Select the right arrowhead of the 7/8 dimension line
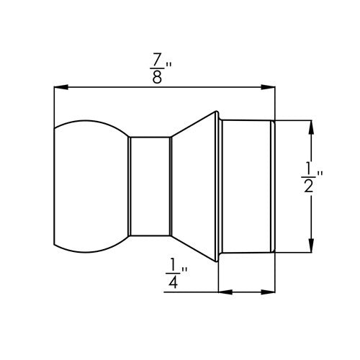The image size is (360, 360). coord(270,88)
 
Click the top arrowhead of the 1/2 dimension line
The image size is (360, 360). coord(311,125)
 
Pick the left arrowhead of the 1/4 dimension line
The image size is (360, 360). coord(224,292)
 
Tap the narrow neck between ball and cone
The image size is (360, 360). coord(150,186)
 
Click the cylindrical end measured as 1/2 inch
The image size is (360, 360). coord(247,186)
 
